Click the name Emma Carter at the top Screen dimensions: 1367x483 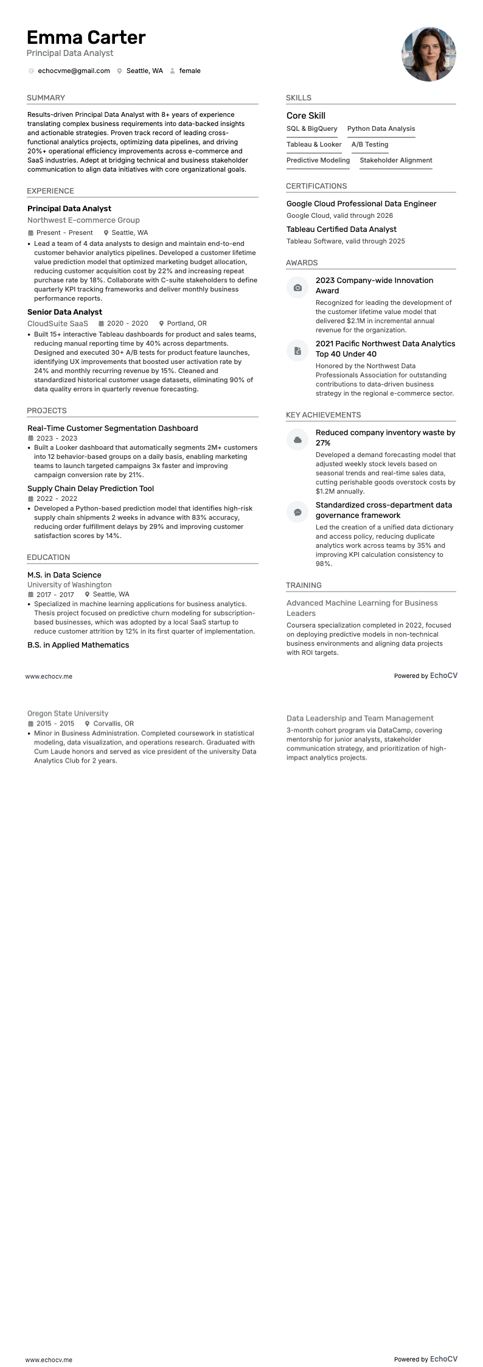[x=86, y=38]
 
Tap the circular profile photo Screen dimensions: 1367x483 [x=428, y=54]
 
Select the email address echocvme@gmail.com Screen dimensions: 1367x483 [x=74, y=71]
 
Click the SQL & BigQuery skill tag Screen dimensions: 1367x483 [x=311, y=129]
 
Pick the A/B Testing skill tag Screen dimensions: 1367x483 [x=369, y=145]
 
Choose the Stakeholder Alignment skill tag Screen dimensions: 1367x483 [x=395, y=161]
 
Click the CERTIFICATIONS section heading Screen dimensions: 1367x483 [x=316, y=186]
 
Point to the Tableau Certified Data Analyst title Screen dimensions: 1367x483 [x=341, y=229]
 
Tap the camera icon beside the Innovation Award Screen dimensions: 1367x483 [x=297, y=287]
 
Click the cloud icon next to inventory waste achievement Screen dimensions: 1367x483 [x=297, y=439]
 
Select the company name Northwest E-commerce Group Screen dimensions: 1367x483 [x=83, y=220]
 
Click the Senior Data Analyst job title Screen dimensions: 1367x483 [x=64, y=312]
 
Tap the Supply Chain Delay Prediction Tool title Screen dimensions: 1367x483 [x=91, y=489]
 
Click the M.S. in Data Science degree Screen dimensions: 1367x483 [x=64, y=575]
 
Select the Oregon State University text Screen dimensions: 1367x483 [x=68, y=713]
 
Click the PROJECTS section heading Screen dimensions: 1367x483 [x=47, y=411]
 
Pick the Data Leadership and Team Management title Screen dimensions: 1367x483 [x=360, y=719]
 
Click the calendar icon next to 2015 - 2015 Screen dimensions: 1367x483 [x=30, y=724]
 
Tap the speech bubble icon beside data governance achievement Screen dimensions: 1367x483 [x=297, y=512]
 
